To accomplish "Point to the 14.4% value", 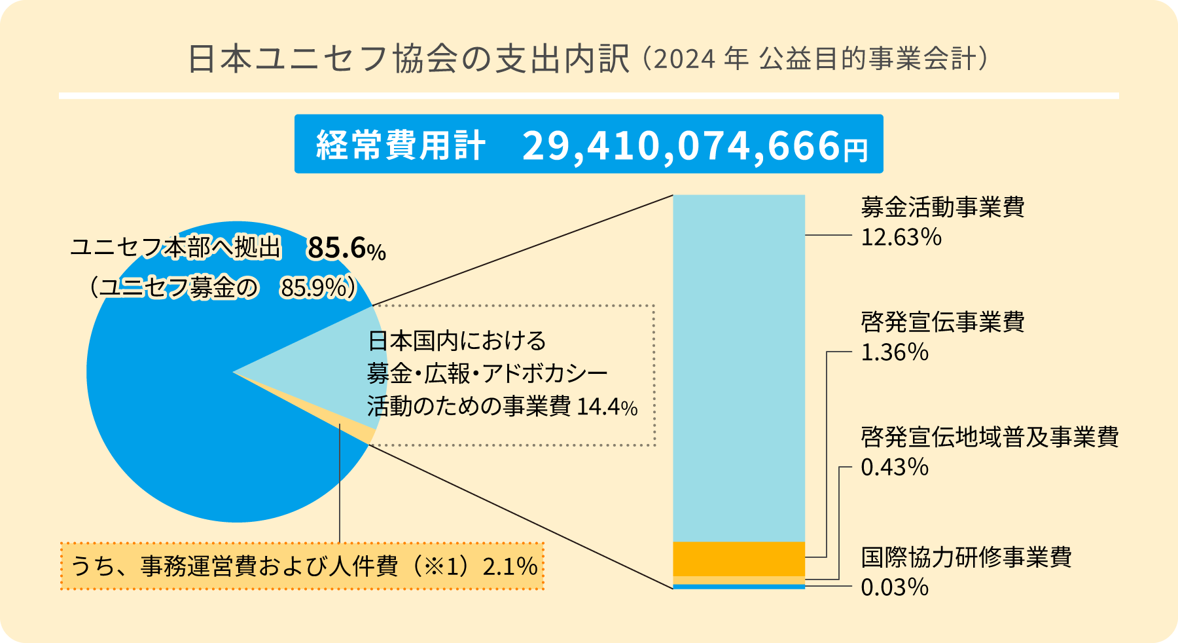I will pyautogui.click(x=607, y=407).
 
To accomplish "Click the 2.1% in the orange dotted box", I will pyautogui.click(x=509, y=566).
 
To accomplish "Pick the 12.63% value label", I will pyautogui.click(x=901, y=237).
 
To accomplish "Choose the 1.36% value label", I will pyautogui.click(x=894, y=352).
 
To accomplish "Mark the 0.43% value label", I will pyautogui.click(x=894, y=467).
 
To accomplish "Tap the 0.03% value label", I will pyautogui.click(x=894, y=587).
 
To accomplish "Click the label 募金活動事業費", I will pyautogui.click(x=942, y=207).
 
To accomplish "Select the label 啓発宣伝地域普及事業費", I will pyautogui.click(x=989, y=437).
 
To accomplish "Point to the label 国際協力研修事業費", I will pyautogui.click(x=965, y=557).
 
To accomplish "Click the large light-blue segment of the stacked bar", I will pyautogui.click(x=739, y=367).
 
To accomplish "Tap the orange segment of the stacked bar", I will pyautogui.click(x=739, y=559).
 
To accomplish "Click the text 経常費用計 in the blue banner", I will pyautogui.click(x=401, y=145).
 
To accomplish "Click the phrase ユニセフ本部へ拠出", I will pyautogui.click(x=175, y=248).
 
